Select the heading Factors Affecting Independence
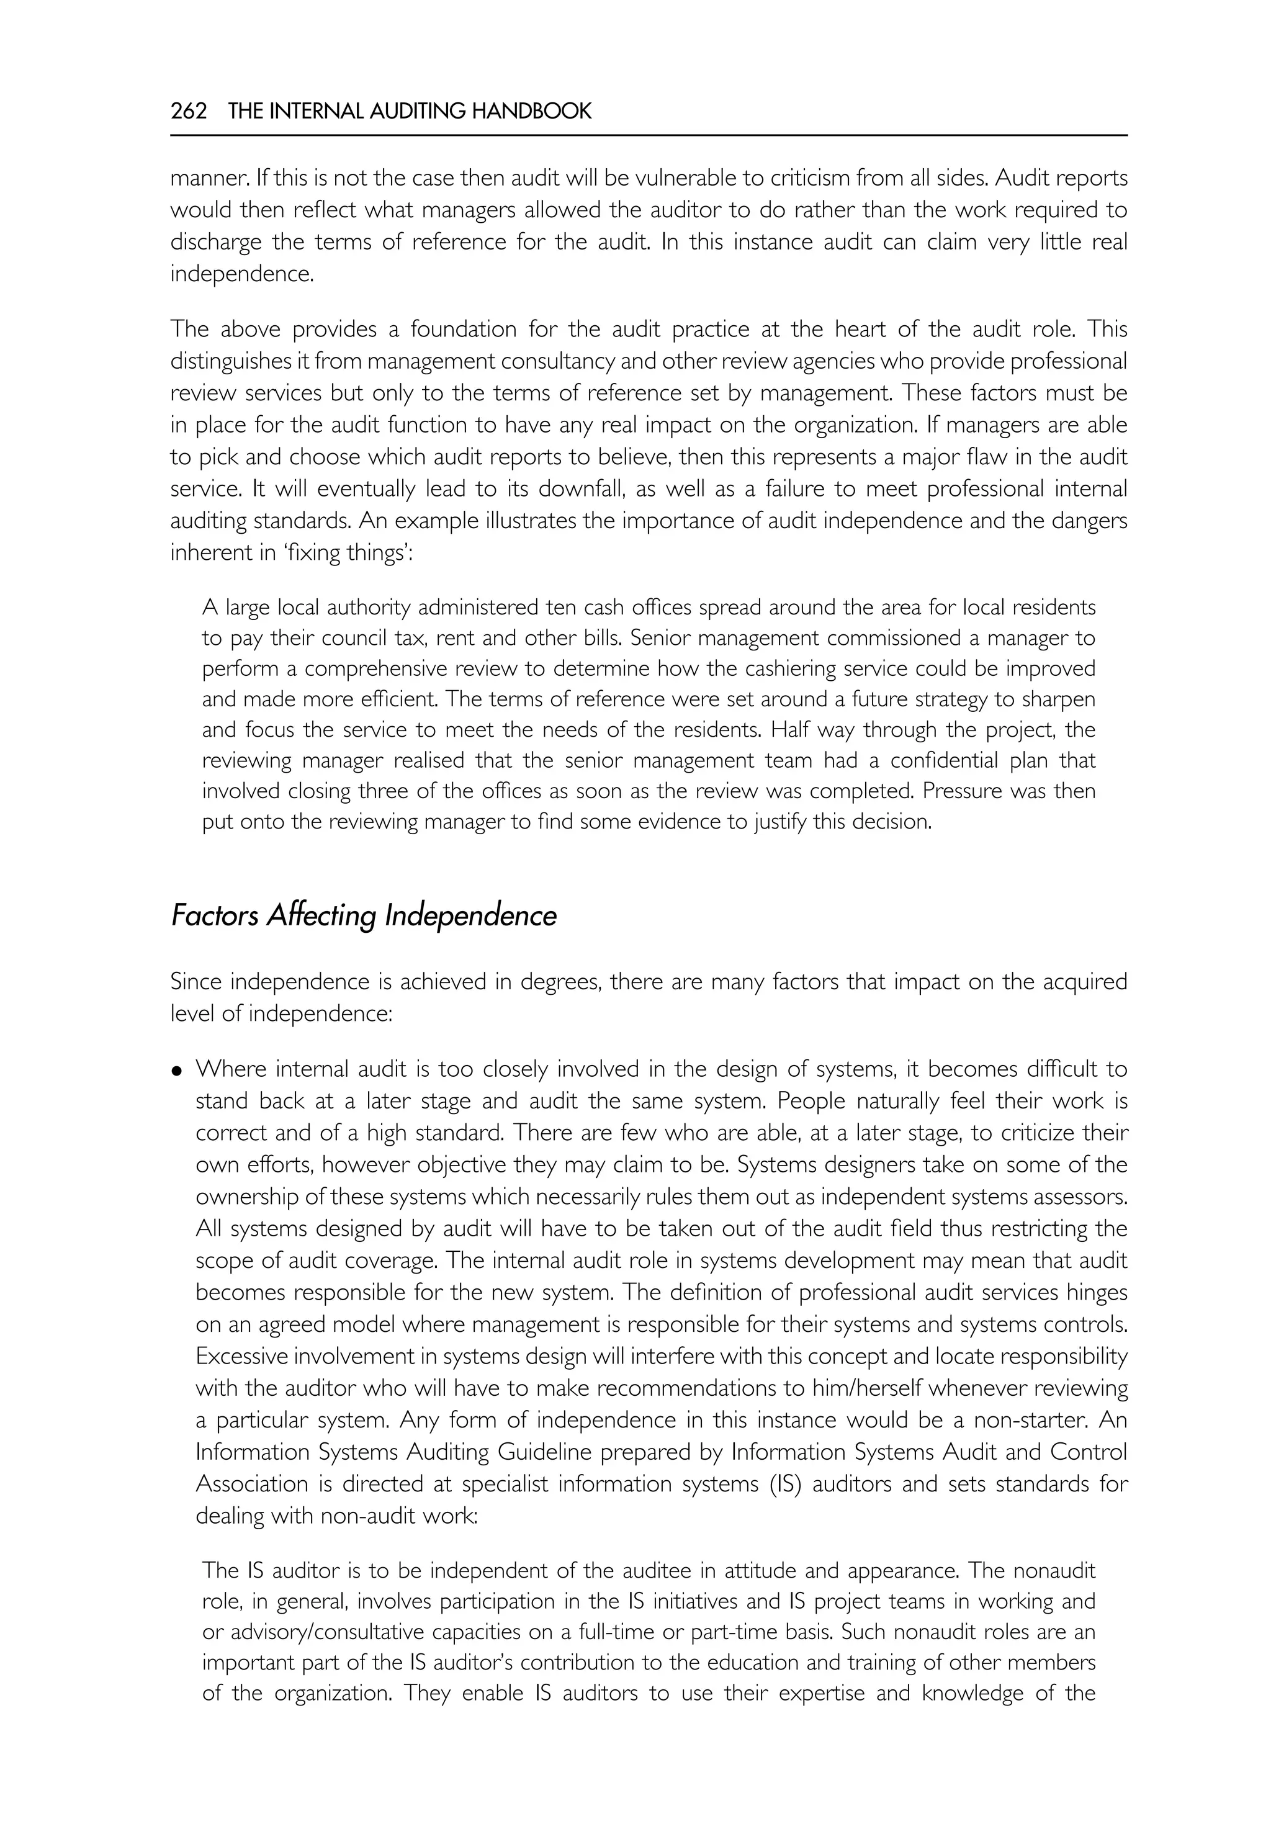coord(363,915)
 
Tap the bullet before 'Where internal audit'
coord(177,1071)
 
